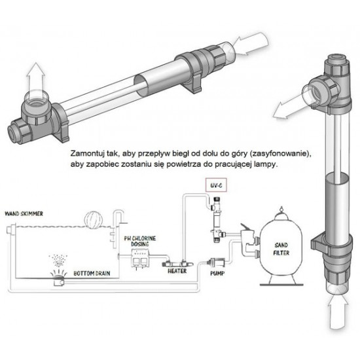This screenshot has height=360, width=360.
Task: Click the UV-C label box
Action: pos(216,185)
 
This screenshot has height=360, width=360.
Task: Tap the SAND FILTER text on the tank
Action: pos(281,249)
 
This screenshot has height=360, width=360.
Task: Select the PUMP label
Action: pos(217,274)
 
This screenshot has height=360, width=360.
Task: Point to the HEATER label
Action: pos(177,271)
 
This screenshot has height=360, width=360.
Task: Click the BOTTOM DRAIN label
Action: pos(92,274)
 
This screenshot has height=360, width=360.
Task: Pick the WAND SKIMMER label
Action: pos(24,214)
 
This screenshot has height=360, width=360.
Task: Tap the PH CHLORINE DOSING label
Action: pos(140,242)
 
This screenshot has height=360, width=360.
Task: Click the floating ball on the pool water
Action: pos(94,219)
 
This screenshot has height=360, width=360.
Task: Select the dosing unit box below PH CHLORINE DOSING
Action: pos(140,259)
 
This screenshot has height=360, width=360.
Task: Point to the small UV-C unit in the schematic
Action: pos(217,219)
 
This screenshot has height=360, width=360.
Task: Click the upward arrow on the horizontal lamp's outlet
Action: pos(35,78)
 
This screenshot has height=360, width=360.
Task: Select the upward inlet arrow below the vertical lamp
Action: pos(338,312)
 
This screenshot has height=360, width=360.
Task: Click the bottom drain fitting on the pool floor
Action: pos(58,279)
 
